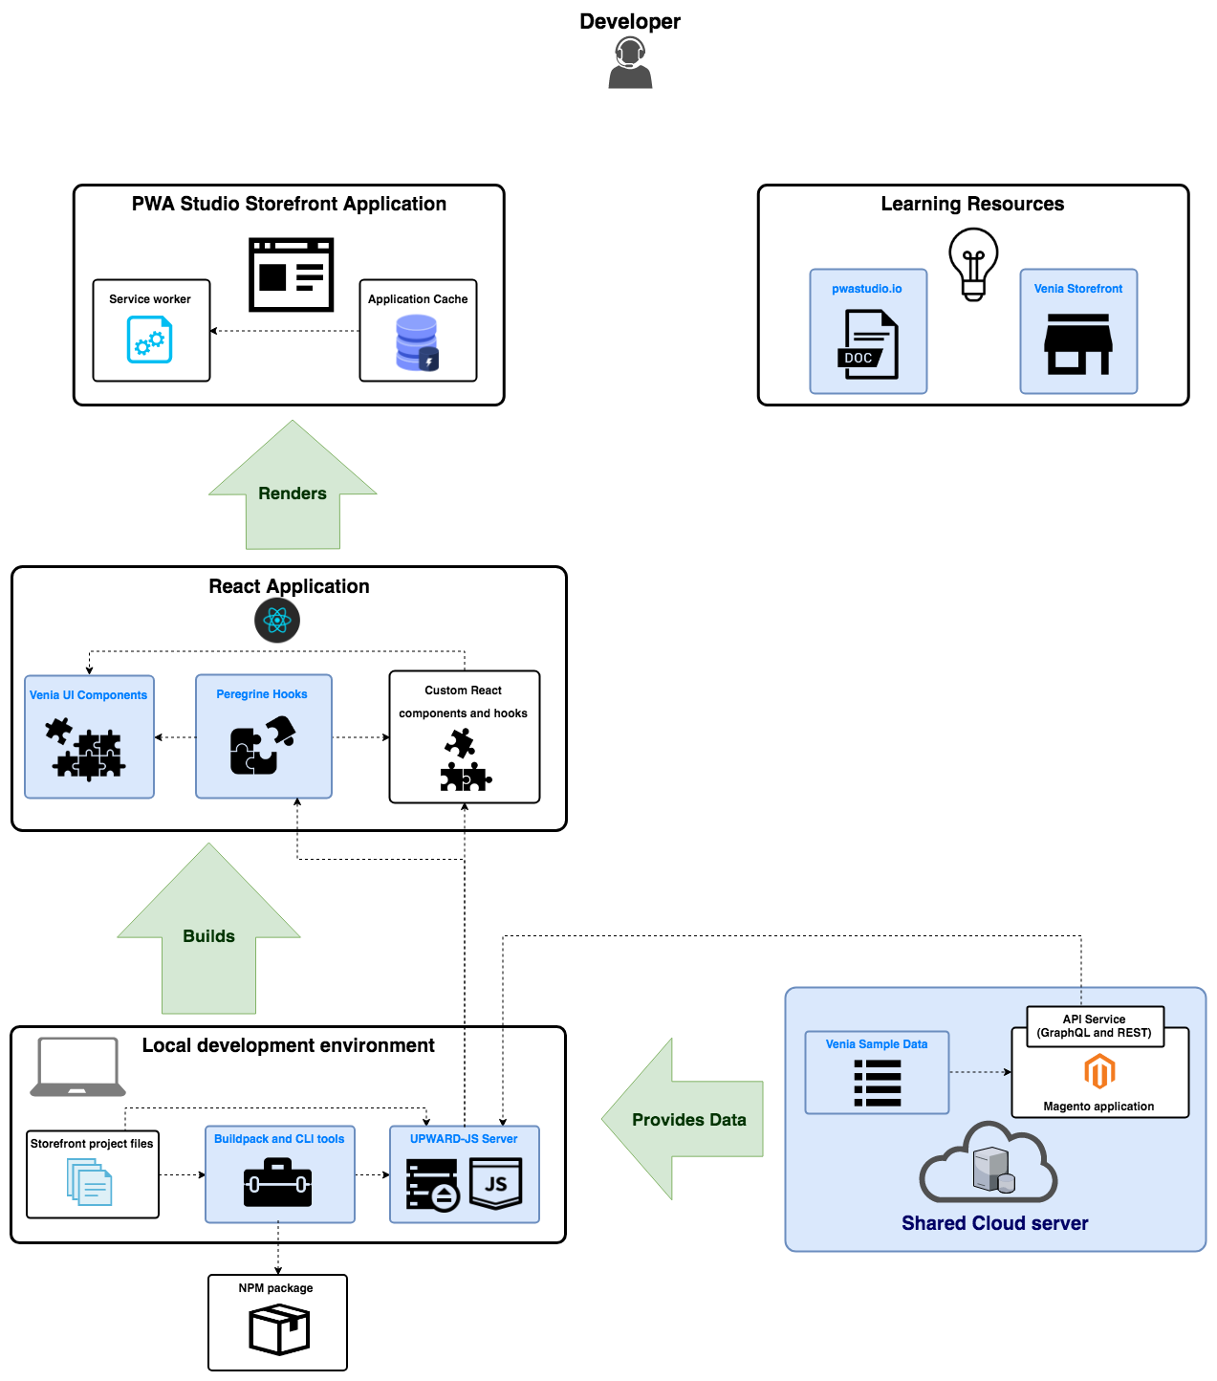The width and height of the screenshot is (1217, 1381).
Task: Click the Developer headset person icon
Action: coord(630,63)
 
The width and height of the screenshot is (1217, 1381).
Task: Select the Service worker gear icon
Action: coord(150,340)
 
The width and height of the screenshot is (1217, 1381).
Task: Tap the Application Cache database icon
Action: coord(417,343)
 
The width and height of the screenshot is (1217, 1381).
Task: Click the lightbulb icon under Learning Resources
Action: coord(973,264)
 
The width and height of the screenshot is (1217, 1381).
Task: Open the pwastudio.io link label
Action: coord(867,289)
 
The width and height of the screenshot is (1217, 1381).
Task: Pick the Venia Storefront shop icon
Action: coord(1078,343)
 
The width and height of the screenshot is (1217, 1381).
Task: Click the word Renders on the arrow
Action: coord(293,493)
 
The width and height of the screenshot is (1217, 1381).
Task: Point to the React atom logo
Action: coord(277,621)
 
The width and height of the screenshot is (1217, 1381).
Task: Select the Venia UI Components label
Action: coord(89,695)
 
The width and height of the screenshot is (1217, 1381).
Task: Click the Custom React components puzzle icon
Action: coord(465,760)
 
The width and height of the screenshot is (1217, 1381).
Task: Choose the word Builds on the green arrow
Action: coord(208,936)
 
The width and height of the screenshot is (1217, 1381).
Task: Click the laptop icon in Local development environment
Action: coord(77,1067)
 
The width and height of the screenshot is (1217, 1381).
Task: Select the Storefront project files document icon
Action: coord(90,1182)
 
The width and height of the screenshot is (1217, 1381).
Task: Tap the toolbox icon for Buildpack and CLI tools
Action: coord(278,1183)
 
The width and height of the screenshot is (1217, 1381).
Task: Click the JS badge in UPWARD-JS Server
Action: coord(496,1183)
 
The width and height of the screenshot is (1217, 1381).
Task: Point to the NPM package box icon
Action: coord(279,1330)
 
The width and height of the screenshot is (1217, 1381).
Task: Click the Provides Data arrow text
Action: coord(689,1120)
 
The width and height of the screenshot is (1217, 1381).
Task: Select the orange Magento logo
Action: coord(1099,1071)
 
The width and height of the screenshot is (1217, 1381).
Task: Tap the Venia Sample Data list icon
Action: coord(878,1083)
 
